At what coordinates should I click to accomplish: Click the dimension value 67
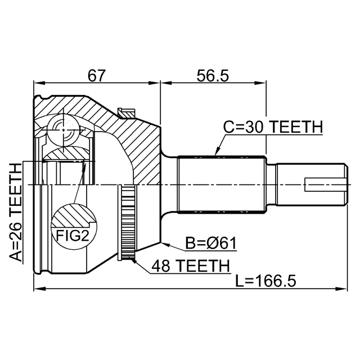point(97,74)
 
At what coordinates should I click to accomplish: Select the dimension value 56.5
point(213,74)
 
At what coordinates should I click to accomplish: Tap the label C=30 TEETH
point(273,128)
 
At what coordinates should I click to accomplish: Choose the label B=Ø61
point(211,243)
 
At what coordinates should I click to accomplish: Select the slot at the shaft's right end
point(323,185)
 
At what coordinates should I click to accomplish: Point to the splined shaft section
point(222,184)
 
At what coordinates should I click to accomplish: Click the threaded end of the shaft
point(309,184)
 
